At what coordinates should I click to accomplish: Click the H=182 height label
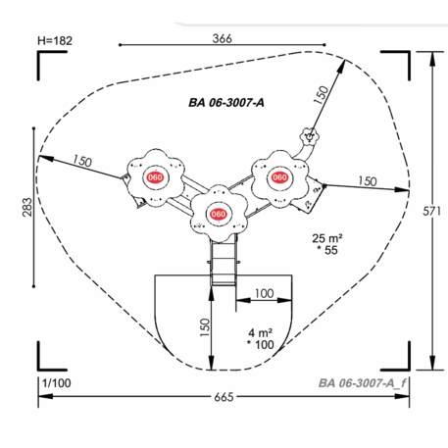click(55, 40)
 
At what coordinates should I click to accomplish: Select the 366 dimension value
click(223, 38)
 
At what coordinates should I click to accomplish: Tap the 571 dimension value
click(432, 211)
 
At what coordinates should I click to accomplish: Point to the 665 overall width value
click(224, 397)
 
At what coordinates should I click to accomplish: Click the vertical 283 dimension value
click(27, 207)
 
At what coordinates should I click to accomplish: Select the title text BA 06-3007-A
click(226, 103)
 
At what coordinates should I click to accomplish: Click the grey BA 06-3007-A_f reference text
click(362, 383)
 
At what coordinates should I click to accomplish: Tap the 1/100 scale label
click(57, 383)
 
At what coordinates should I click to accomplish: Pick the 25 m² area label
click(327, 238)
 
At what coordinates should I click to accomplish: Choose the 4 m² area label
click(261, 333)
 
